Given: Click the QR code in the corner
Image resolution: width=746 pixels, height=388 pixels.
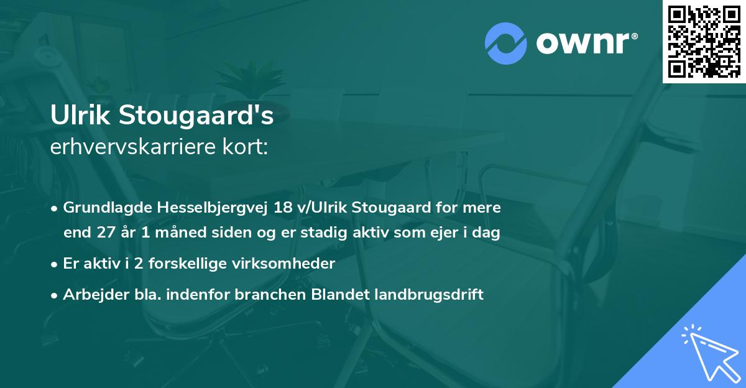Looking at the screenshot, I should pos(704,42).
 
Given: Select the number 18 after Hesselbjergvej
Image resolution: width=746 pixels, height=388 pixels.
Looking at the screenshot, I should pos(281,207).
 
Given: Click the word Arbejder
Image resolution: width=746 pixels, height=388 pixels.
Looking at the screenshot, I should pos(89,295).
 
